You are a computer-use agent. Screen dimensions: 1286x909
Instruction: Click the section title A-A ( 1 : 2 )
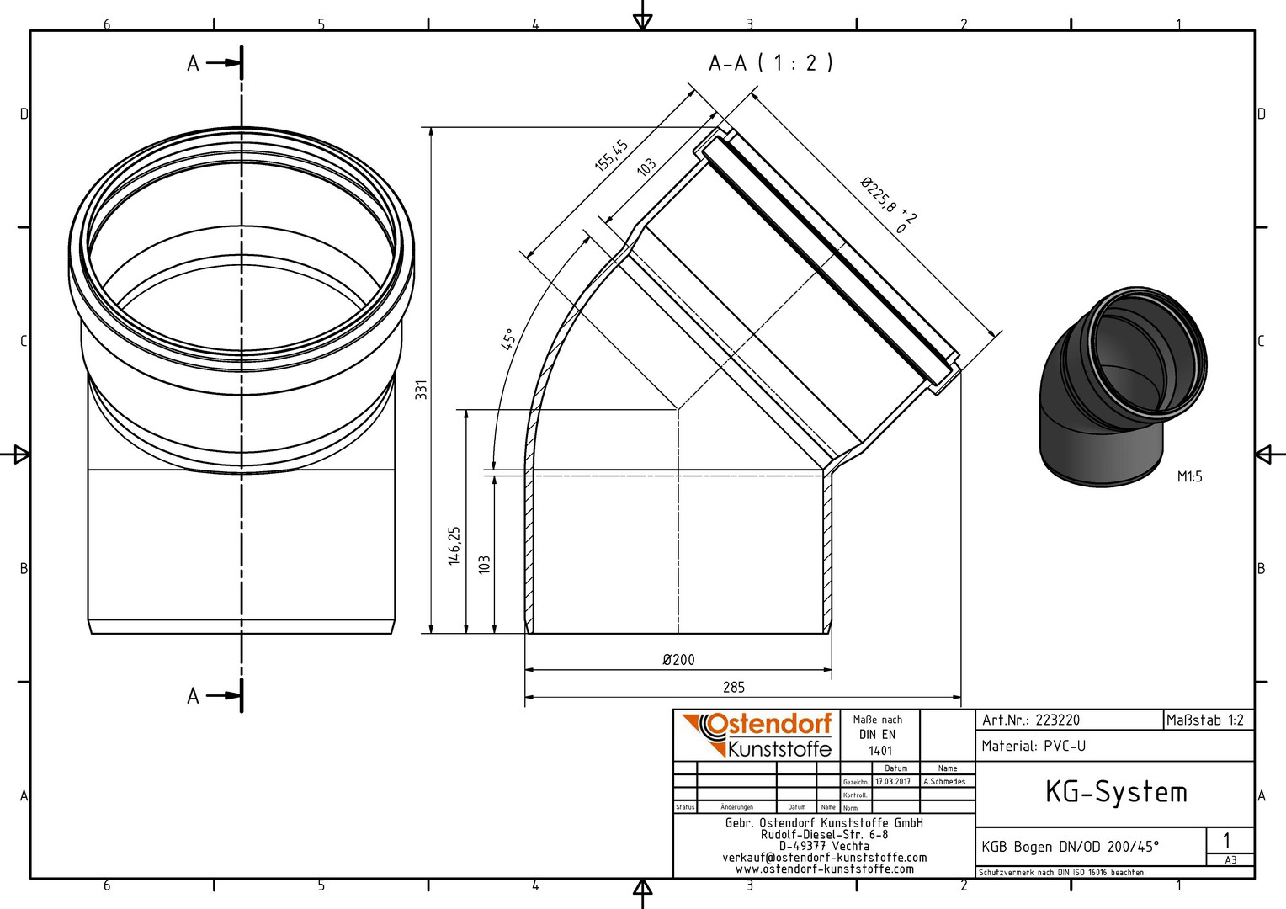770,63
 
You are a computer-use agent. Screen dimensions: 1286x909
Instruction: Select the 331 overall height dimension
422,390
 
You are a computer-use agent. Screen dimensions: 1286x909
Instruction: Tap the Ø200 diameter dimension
678,660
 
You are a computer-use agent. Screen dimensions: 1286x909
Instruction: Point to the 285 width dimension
734,688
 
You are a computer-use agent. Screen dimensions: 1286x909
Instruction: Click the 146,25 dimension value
454,545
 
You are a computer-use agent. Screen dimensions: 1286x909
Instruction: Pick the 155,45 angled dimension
611,156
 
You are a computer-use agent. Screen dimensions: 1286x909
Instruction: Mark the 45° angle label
509,339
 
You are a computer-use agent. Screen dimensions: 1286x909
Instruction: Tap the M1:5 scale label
1189,476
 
